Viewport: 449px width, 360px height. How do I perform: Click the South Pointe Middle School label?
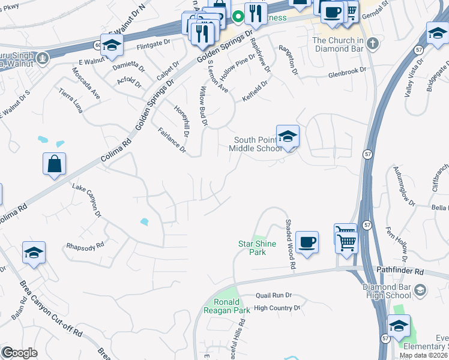[256, 144]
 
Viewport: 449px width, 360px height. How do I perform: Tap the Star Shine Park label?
[252, 248]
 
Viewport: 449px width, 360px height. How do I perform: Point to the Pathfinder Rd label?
[400, 272]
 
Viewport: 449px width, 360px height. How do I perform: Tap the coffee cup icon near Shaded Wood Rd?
[307, 242]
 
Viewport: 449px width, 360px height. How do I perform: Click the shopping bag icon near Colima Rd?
[54, 163]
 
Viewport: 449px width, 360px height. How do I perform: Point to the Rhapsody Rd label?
[85, 245]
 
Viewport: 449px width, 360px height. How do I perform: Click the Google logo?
[20, 353]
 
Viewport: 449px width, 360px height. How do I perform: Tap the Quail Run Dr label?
[273, 295]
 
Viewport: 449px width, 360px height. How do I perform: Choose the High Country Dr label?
[277, 308]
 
